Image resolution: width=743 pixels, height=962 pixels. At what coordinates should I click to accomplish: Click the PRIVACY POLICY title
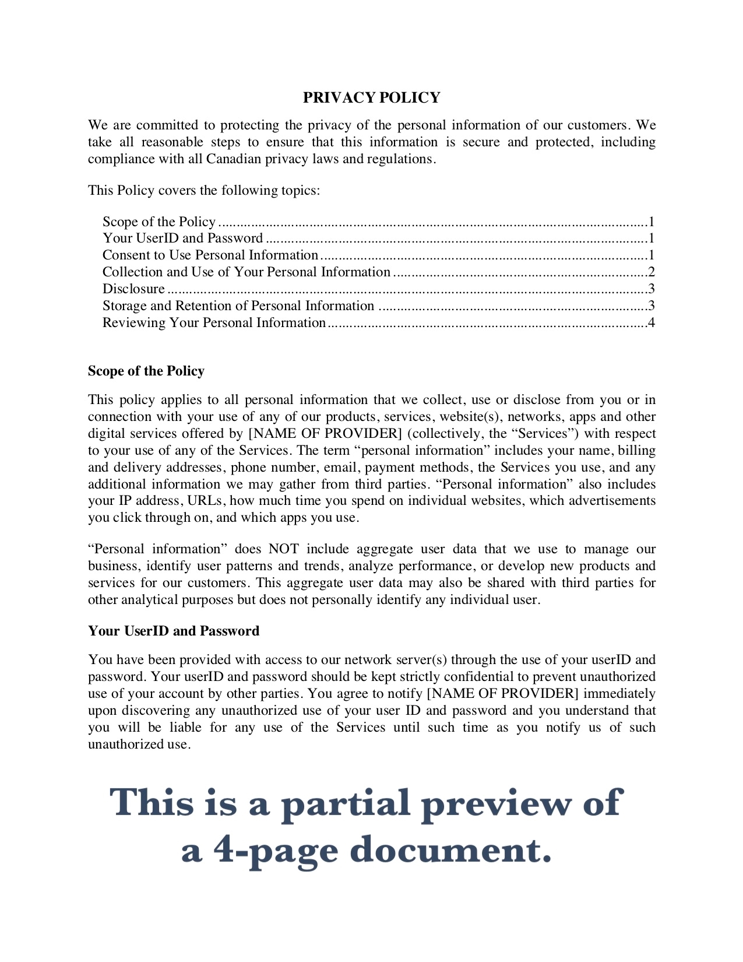click(x=371, y=97)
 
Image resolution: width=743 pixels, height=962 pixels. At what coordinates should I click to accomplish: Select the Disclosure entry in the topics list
click(x=133, y=289)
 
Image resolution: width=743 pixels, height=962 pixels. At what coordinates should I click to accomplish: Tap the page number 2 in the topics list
click(x=652, y=272)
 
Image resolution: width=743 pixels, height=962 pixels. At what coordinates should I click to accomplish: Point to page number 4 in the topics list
click(x=652, y=323)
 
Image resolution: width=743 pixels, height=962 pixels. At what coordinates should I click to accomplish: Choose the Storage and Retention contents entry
click(x=238, y=306)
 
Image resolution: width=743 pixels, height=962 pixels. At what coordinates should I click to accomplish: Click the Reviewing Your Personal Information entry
click(x=214, y=323)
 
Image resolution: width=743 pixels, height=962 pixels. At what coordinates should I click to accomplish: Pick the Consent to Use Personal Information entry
click(x=210, y=255)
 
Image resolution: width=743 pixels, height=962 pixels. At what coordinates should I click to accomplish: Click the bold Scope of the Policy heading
click(x=146, y=371)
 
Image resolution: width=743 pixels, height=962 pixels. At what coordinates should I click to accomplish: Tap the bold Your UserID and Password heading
click(x=174, y=631)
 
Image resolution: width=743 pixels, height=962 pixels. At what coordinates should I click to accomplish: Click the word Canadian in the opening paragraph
click(x=234, y=159)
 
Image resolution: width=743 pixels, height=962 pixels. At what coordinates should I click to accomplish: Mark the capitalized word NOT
click(x=283, y=549)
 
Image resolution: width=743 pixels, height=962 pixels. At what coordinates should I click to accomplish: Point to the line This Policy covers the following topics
click(x=204, y=191)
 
